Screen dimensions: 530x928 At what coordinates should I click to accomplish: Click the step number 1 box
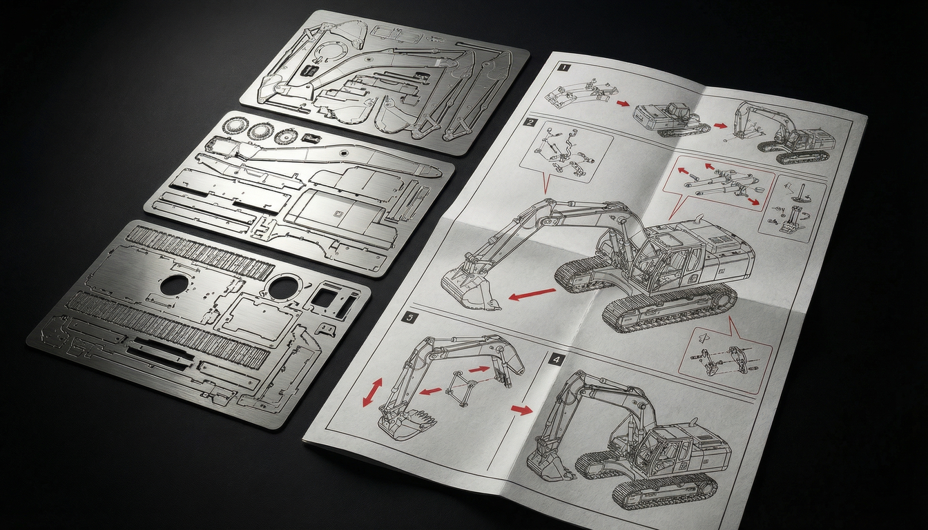pos(564,68)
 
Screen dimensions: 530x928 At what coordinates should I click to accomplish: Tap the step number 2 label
pos(530,124)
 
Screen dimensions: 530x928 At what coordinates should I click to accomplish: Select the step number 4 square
pos(557,359)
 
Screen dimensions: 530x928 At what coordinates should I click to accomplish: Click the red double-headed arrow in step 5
pos(372,392)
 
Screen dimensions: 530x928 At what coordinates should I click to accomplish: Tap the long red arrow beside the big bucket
pos(532,295)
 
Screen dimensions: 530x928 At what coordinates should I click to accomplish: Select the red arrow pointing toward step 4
pos(522,410)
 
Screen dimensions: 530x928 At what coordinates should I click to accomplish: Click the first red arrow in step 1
pos(623,104)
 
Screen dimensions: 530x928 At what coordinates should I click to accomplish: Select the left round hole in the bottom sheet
pos(176,284)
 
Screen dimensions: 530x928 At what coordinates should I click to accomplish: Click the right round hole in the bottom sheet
pos(283,287)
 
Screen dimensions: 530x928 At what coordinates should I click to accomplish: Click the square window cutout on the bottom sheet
pos(322,298)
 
